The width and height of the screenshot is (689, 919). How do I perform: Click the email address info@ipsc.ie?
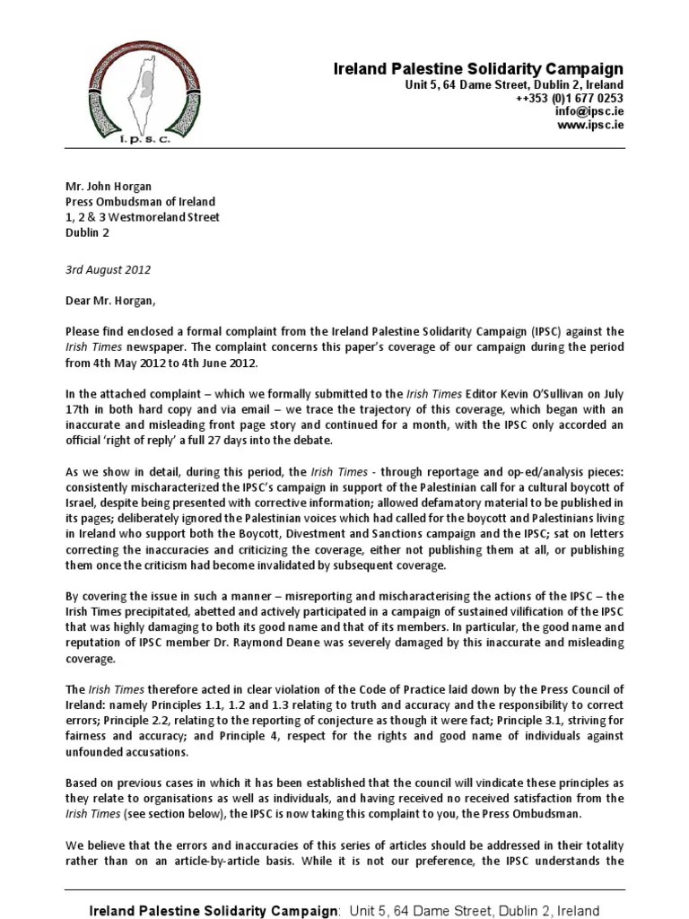pos(589,111)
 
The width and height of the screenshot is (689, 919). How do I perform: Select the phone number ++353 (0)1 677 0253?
pos(569,98)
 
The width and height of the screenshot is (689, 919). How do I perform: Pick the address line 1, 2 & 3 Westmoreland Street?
pos(142,217)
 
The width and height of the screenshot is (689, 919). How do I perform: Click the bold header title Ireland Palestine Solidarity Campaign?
pos(477,69)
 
